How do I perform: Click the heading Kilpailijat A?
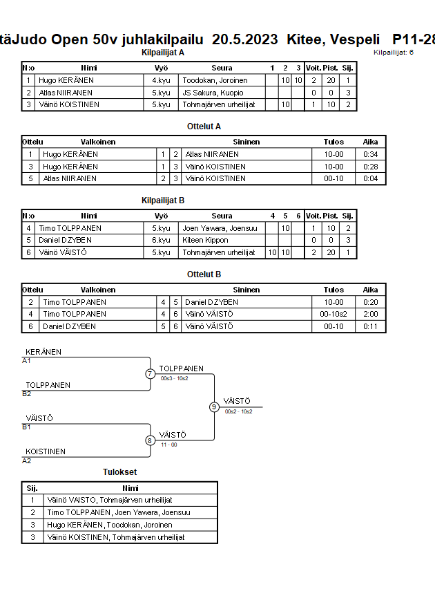pos(163,53)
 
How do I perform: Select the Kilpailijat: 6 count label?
pos(394,53)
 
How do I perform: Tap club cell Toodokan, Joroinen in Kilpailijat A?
pos(215,80)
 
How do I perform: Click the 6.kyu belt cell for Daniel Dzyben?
pos(161,240)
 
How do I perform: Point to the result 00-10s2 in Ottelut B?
pos(333,314)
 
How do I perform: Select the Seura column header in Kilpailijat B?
pos(222,216)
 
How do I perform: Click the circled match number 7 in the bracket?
pos(150,374)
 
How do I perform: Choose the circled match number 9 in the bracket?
pos(214,407)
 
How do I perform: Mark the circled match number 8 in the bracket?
pos(150,440)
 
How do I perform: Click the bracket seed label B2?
pos(27,393)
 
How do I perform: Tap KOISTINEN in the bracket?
pos(46,451)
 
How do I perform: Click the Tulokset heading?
pos(119,472)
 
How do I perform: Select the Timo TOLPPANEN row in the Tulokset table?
pos(118,512)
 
